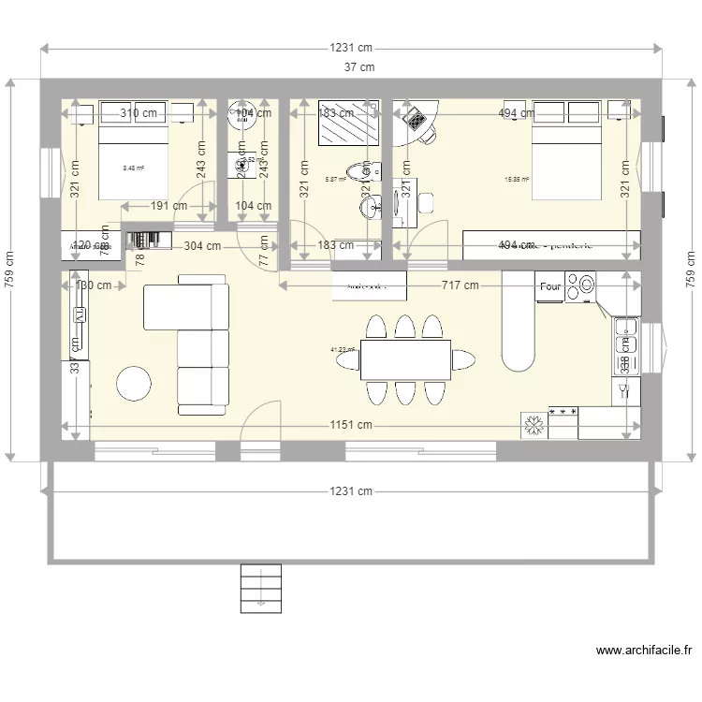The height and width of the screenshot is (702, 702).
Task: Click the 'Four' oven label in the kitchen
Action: [550, 287]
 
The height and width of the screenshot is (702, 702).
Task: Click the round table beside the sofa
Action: [134, 384]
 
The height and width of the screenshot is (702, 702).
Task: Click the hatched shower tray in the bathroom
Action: [348, 124]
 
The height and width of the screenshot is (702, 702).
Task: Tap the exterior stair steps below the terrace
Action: [261, 587]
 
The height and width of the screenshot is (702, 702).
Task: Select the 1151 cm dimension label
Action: [350, 425]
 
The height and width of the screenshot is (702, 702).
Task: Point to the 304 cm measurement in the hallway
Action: [201, 246]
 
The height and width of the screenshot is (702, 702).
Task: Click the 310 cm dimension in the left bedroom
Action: [139, 113]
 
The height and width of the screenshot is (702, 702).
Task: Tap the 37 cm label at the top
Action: [358, 66]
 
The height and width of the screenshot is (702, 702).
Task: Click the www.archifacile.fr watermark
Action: [644, 651]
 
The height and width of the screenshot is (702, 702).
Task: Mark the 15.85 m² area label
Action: [517, 180]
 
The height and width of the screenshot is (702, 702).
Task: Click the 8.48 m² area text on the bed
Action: [134, 168]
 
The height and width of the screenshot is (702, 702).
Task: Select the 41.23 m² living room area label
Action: [344, 350]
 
